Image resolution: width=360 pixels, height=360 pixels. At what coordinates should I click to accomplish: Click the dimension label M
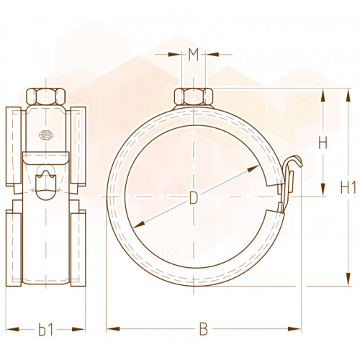193,55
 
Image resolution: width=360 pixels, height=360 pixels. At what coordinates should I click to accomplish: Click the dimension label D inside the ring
194,198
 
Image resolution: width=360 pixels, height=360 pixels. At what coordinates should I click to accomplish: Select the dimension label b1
45,330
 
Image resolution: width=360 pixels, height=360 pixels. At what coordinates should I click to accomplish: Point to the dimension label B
204,329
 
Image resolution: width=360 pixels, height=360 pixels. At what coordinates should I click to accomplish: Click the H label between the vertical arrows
323,143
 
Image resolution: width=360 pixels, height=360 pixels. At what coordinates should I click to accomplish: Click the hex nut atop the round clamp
194,96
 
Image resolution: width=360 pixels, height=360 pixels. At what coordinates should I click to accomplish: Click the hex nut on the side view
45,96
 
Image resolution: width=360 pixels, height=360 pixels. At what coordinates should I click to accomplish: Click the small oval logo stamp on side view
46,135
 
